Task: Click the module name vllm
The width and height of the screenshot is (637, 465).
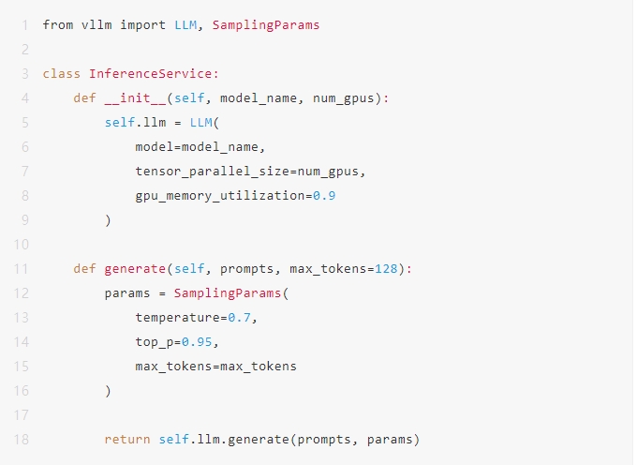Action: pyautogui.click(x=96, y=24)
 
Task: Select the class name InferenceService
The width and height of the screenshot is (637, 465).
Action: pyautogui.click(x=150, y=73)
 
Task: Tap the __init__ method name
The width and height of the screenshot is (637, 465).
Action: pyautogui.click(x=135, y=97)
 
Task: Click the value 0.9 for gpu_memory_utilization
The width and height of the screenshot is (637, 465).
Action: pyautogui.click(x=324, y=196)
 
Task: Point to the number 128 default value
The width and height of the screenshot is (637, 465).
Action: pyautogui.click(x=386, y=269)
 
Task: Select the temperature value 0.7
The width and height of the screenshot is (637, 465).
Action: pyautogui.click(x=239, y=318)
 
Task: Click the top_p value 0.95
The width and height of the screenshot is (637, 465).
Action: pyautogui.click(x=197, y=342)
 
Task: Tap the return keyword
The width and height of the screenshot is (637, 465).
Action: pyautogui.click(x=127, y=440)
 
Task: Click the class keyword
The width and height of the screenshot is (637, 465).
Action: pyautogui.click(x=61, y=73)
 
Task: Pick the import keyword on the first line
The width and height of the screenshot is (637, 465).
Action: pyautogui.click(x=142, y=24)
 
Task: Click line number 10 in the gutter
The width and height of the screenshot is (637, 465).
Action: pyautogui.click(x=22, y=245)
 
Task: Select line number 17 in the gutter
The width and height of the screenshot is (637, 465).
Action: pyautogui.click(x=22, y=415)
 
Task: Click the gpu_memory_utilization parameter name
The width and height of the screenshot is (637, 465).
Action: pyautogui.click(x=220, y=196)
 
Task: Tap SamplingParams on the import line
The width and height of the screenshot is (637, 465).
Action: pyautogui.click(x=266, y=24)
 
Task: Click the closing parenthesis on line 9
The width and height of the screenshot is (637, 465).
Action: pyautogui.click(x=108, y=220)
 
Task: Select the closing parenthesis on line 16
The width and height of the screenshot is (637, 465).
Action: pyautogui.click(x=108, y=391)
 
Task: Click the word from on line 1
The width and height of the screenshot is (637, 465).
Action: pyautogui.click(x=58, y=24)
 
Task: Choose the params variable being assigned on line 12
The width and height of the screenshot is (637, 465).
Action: pyautogui.click(x=127, y=293)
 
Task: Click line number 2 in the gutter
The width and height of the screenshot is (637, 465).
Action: pyautogui.click(x=25, y=49)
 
